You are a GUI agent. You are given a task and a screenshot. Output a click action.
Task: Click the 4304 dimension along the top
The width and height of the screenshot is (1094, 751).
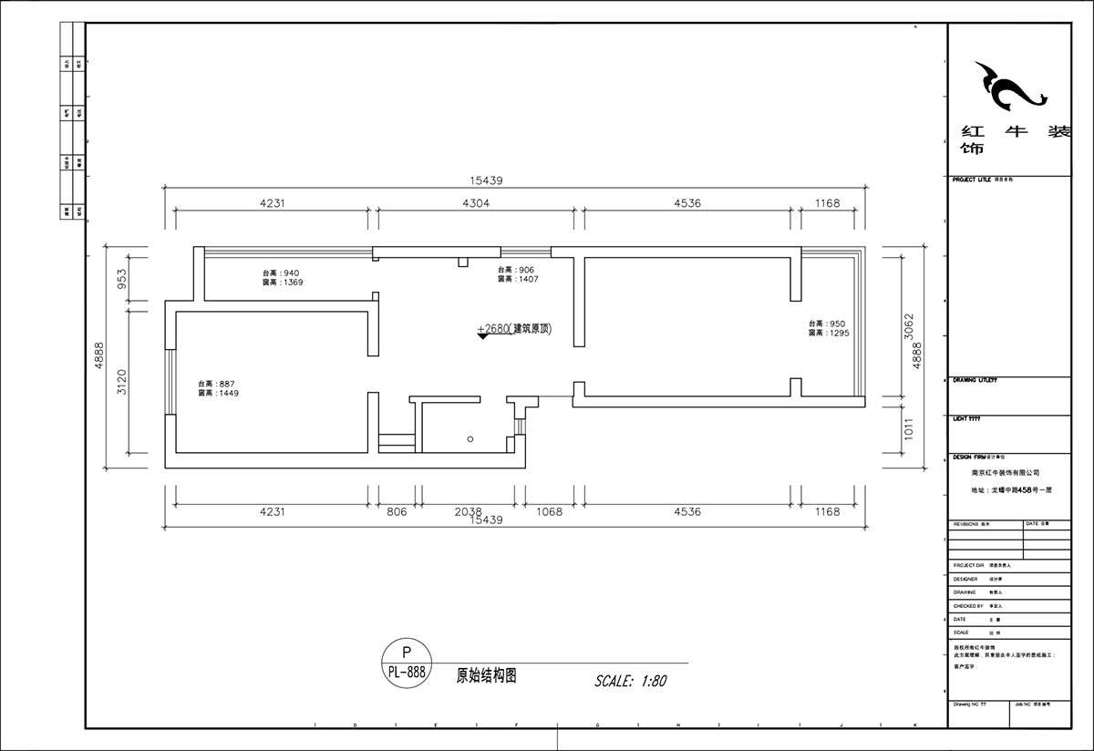tap(476, 203)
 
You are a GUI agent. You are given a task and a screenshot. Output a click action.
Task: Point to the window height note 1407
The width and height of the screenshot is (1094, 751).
tap(518, 279)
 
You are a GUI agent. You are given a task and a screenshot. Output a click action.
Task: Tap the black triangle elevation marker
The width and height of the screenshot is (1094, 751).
tap(482, 337)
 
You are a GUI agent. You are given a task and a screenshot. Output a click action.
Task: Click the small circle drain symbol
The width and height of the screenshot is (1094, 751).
tap(470, 439)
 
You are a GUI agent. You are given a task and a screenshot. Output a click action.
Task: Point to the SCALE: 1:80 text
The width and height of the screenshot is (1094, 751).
tap(631, 681)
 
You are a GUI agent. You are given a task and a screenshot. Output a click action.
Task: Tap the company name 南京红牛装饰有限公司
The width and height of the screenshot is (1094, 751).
tap(1006, 473)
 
